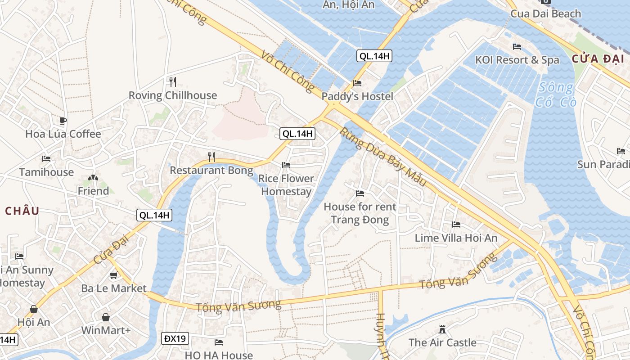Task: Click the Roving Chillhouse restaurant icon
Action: tap(172, 81)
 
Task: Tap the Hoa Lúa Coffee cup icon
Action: tap(63, 121)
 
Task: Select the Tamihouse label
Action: tap(46, 172)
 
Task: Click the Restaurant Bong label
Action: tap(211, 171)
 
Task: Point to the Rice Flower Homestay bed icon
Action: tap(286, 165)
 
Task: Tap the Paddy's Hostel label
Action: tap(357, 96)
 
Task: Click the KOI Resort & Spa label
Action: tap(517, 60)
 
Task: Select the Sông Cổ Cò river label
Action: tap(556, 94)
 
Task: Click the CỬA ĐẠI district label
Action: tap(598, 58)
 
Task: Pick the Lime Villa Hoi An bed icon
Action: tap(456, 225)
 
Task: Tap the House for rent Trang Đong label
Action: tap(360, 213)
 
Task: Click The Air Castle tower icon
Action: tap(442, 329)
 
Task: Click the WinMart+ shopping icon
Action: tap(106, 318)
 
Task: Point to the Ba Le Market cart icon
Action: tap(114, 275)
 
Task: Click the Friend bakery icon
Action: tap(93, 179)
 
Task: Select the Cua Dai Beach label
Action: tap(545, 13)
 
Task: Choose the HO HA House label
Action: tap(219, 355)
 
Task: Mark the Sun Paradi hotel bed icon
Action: tap(621, 151)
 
